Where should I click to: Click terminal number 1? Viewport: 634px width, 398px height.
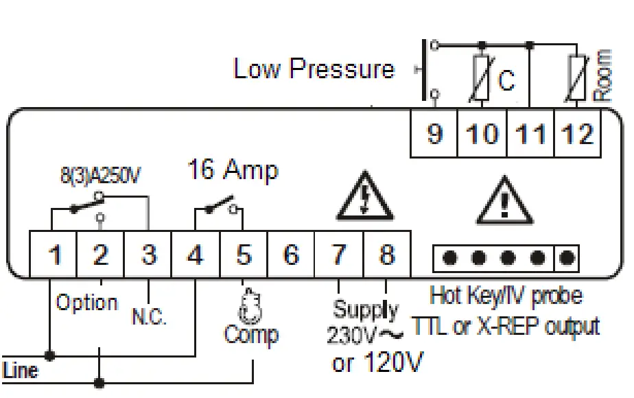54,255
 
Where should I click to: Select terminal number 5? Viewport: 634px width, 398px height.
244,255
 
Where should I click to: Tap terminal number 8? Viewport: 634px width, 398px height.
387,255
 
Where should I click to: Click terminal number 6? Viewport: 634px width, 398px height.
291,255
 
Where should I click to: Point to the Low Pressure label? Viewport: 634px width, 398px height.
314,69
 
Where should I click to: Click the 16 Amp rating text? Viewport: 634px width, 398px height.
233,170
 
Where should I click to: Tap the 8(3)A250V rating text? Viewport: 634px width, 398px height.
100,176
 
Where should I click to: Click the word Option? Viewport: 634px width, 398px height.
86,303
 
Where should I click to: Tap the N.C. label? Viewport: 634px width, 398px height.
150,318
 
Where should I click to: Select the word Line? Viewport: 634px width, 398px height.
21,371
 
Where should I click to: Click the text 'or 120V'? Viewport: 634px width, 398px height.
377,361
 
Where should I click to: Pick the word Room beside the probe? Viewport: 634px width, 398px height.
602,76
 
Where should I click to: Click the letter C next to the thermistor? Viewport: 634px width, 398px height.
506,82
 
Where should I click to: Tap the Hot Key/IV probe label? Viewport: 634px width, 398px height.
506,296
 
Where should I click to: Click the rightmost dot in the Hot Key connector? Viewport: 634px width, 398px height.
567,258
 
